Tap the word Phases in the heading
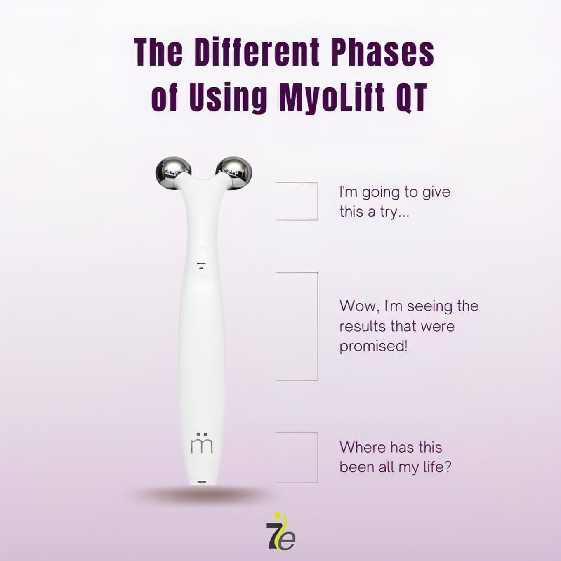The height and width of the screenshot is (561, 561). pos(384,53)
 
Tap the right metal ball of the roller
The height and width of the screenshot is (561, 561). pos(234,174)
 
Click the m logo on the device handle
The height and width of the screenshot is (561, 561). pos(202,444)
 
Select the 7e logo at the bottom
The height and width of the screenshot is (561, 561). pos(280,531)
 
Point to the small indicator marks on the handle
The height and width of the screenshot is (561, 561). pos(201,265)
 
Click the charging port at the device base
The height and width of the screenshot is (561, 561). pos(201,482)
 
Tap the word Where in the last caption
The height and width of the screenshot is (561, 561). pos(362,447)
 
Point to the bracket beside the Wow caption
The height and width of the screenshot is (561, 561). pos(317,326)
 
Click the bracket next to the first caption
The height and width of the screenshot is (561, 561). pos(317,201)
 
